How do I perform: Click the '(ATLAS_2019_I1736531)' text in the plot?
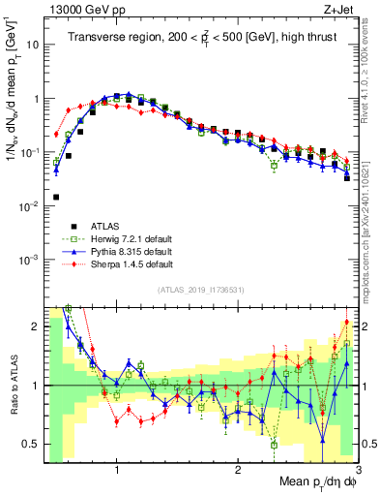click(x=200, y=290)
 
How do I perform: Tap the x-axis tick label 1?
click(x=117, y=471)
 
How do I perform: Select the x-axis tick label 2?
click(x=238, y=471)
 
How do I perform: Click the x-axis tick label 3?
click(x=357, y=471)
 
